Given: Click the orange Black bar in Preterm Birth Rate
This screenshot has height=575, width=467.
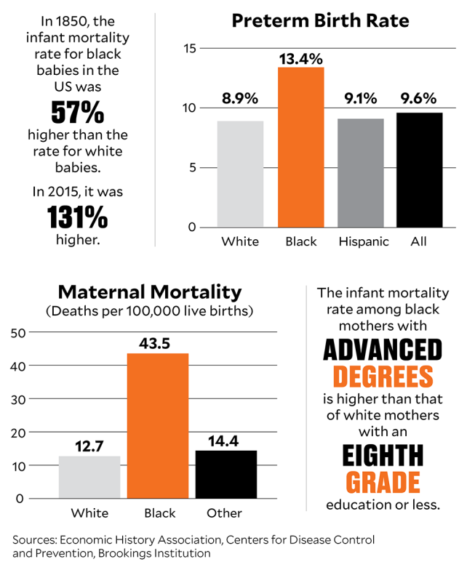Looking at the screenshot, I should click(300, 147).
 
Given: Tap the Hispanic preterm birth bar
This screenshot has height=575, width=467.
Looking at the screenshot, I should click(360, 172).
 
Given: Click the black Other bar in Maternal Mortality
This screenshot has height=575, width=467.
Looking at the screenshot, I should click(225, 474).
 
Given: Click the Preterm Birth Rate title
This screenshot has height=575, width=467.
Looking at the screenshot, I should click(320, 20).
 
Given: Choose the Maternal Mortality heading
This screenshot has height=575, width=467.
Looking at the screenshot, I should click(149, 292).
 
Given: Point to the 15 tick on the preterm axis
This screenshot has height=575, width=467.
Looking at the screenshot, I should click(190, 49).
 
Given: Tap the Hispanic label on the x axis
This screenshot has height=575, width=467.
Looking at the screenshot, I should click(364, 241).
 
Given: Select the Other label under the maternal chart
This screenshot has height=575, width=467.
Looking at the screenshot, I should click(224, 513).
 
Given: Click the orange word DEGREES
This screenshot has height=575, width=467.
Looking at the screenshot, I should click(383, 376).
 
